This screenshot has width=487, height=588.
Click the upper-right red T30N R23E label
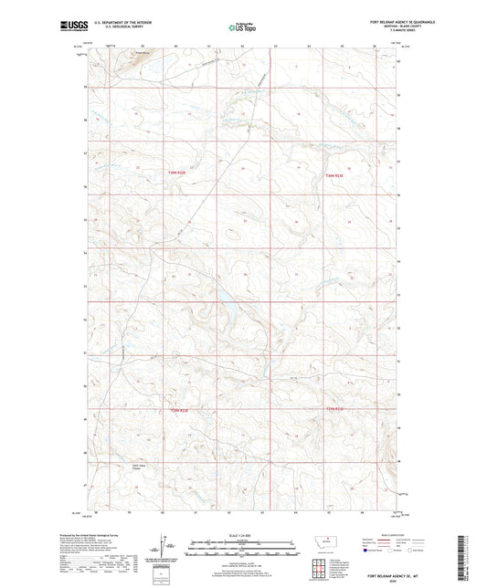tap(335, 175)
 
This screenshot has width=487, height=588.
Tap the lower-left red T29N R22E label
tap(180, 410)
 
